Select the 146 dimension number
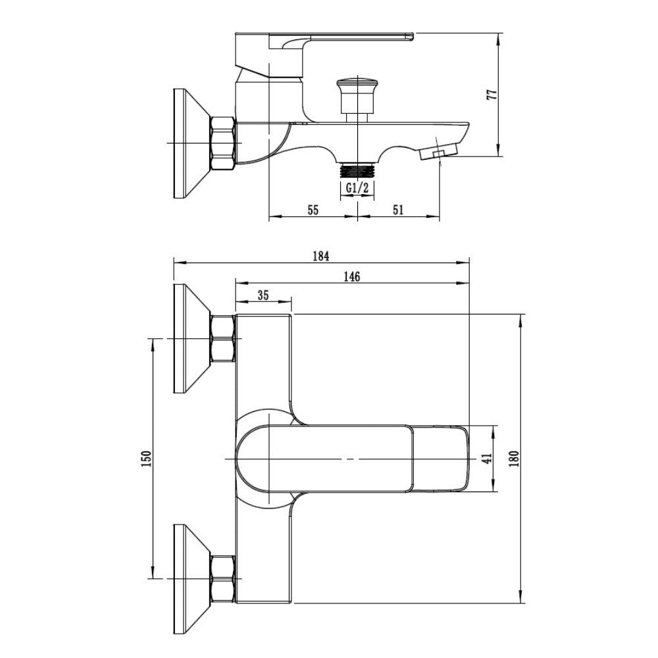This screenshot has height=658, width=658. (x=351, y=276)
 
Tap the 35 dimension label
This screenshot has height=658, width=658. (x=263, y=295)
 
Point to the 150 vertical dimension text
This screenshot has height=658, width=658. (x=147, y=459)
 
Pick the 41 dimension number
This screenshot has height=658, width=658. (x=487, y=459)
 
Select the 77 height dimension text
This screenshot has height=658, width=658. (x=492, y=94)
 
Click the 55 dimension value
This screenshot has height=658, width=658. (x=313, y=209)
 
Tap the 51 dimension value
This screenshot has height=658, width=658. (x=398, y=209)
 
